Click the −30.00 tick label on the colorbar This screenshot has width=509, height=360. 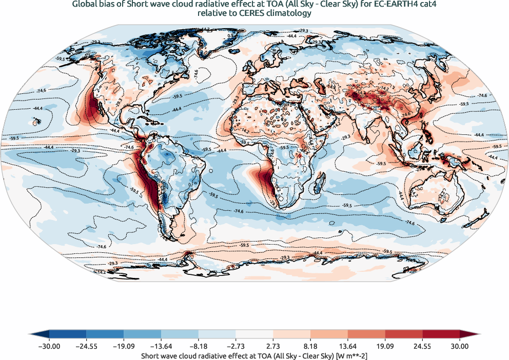(49, 347)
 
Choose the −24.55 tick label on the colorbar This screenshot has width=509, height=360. (87, 347)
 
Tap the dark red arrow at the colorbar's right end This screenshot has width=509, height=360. (474, 334)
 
